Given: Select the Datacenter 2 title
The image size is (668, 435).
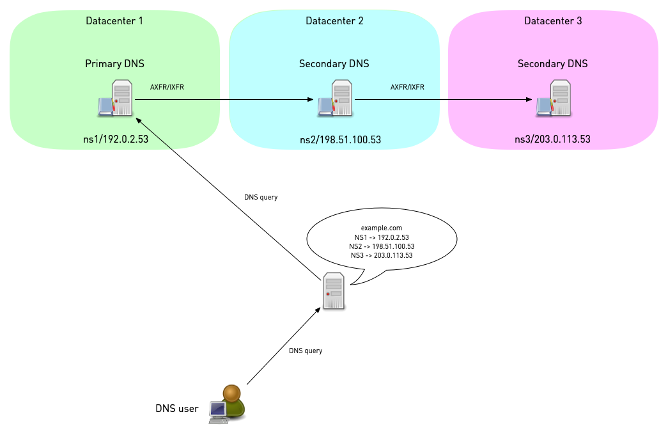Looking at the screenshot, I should point(334,21).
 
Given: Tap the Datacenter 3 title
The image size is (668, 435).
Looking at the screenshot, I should point(553,21).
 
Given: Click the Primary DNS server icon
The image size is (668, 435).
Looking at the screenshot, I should point(116,99).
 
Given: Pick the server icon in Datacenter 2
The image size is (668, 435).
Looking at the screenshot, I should point(336,99).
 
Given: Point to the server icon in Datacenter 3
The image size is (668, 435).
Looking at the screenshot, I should point(554,99).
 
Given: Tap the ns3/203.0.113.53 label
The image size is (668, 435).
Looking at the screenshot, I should point(554,139).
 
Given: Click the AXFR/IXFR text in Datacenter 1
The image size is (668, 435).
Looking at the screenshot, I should point(167,87).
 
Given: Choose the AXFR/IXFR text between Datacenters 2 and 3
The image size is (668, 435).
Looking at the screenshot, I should point(407,87).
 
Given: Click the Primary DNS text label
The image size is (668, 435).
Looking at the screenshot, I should point(114,64).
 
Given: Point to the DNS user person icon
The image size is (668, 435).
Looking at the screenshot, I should point(228,405).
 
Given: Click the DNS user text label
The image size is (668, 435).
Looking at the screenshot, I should point(176,408).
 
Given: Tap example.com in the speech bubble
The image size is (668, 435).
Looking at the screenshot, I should point(382,228).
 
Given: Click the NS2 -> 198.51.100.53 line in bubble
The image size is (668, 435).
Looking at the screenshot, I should point(382,246).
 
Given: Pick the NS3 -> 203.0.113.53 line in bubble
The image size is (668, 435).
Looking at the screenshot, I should point(382,255).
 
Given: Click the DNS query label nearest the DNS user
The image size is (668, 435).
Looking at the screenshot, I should point(306,351).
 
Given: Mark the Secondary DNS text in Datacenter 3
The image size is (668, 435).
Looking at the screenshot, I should point(552,64).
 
